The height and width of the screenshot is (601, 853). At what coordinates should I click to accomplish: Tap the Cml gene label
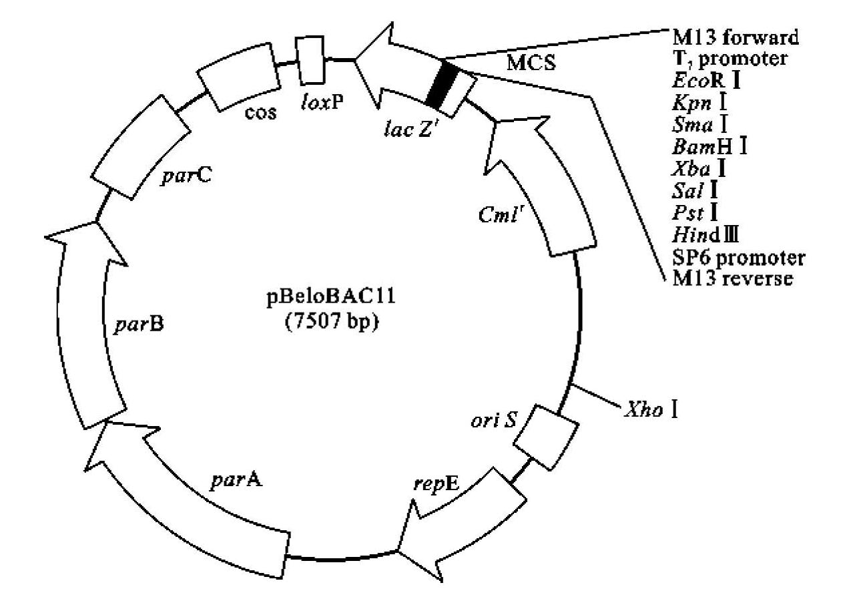click(493, 218)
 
